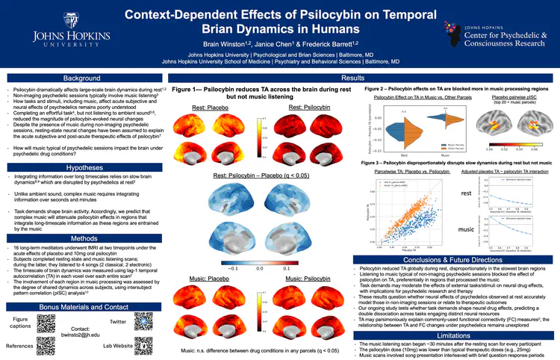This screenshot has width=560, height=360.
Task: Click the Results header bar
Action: [x=352, y=78]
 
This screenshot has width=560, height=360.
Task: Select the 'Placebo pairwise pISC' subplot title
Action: [x=514, y=98]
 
